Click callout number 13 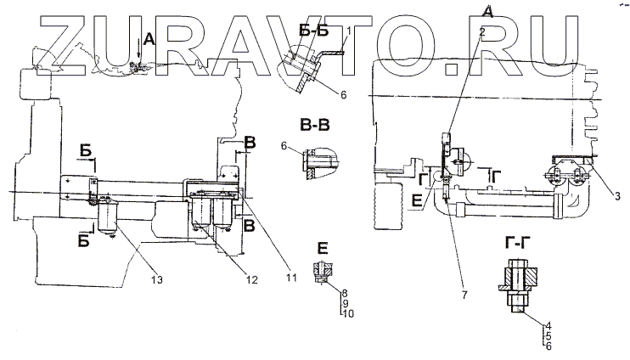(x=157, y=279)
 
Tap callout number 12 (x=251, y=279)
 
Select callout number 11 (x=291, y=278)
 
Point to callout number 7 (x=464, y=295)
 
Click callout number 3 (x=617, y=196)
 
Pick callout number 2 (x=482, y=32)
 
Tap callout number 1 (x=349, y=31)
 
